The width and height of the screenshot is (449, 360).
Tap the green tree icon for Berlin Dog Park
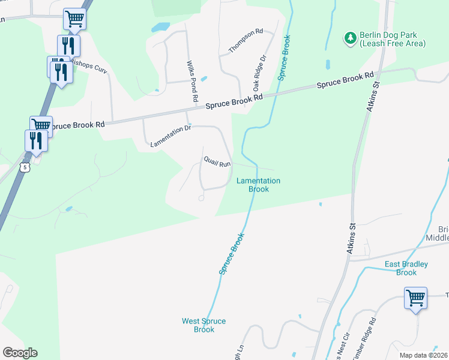pyautogui.click(x=350, y=38)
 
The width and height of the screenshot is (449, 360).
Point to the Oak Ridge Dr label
pyautogui.click(x=259, y=70)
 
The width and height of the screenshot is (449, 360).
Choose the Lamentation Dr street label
pyautogui.click(x=170, y=136)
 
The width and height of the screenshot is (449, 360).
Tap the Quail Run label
pyautogui.click(x=217, y=162)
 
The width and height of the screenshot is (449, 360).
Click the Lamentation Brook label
pyautogui.click(x=258, y=184)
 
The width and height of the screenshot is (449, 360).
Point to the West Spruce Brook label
pyautogui.click(x=204, y=325)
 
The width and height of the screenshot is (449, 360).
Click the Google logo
pyautogui.click(x=19, y=353)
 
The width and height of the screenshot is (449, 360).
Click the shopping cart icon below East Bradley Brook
pyautogui.click(x=415, y=298)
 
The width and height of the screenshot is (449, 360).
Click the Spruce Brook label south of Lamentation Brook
pyautogui.click(x=231, y=254)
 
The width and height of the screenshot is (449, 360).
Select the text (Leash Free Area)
pyautogui.click(x=393, y=44)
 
